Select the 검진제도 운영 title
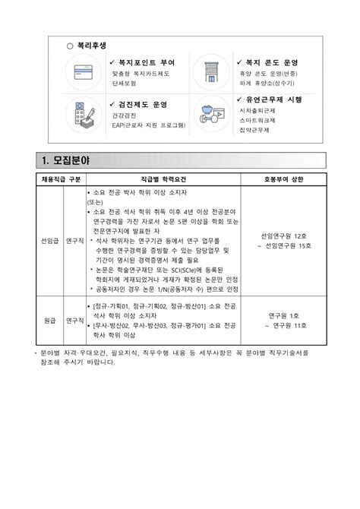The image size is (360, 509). point(142,104)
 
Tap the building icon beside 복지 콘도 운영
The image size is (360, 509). point(210,73)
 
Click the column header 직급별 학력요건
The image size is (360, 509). point(163,179)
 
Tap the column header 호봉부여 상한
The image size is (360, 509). point(283,179)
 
